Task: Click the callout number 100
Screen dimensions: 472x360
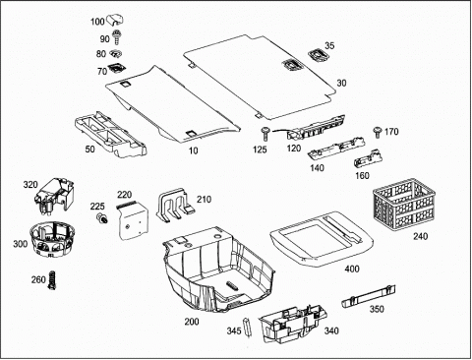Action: [x=97, y=22]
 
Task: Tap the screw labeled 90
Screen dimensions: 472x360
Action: [x=116, y=37]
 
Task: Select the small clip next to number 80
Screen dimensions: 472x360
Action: [x=115, y=53]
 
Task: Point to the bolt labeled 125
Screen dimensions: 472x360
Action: [x=265, y=134]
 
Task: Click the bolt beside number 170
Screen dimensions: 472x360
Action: [x=378, y=132]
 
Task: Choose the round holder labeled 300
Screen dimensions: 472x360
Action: [x=53, y=240]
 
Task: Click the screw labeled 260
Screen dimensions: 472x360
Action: [x=52, y=280]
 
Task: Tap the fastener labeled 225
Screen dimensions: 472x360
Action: [x=102, y=217]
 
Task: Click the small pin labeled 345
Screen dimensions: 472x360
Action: [x=246, y=327]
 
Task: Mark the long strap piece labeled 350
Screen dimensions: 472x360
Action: [x=369, y=296]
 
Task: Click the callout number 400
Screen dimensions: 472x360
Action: [x=352, y=270]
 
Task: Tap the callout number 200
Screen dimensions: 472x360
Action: [x=192, y=322]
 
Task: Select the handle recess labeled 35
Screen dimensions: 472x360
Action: [x=318, y=55]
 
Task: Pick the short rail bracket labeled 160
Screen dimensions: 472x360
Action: [x=369, y=159]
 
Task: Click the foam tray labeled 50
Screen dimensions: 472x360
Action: [x=110, y=134]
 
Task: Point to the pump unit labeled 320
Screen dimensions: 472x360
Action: [x=54, y=197]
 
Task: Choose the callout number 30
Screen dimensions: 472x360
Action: [x=341, y=84]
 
